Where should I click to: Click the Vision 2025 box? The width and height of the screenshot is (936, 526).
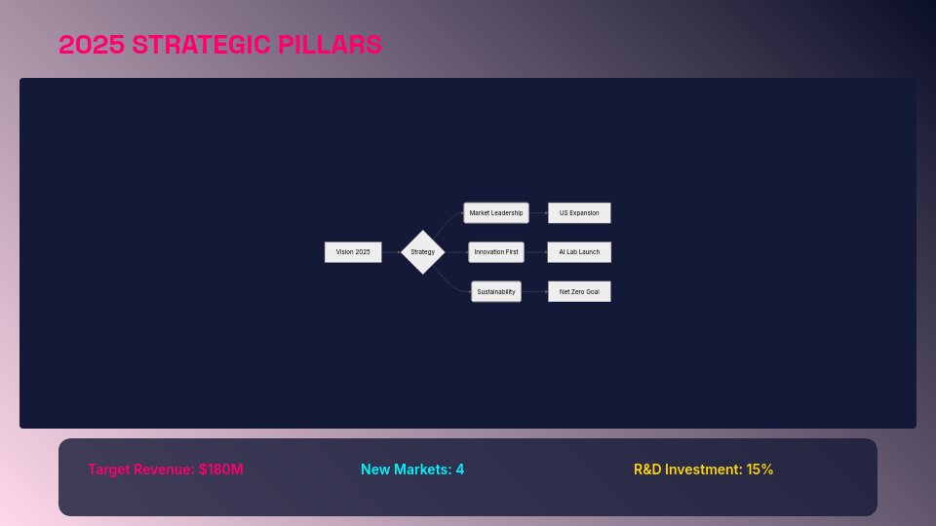353,252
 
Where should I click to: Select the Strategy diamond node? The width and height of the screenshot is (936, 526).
423,252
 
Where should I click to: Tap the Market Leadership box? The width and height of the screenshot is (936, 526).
496,213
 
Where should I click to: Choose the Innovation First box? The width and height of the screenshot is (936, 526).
496,252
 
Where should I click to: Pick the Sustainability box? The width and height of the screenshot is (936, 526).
496,291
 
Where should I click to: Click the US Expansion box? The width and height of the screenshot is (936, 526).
579,213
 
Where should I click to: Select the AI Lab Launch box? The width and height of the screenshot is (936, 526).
579,252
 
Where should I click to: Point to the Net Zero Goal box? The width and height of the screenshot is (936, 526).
579,291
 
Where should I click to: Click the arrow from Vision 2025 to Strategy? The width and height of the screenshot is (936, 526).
391,252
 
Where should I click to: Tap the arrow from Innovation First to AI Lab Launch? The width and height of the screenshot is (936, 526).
535,252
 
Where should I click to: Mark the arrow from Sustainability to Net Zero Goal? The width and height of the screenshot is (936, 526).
534,291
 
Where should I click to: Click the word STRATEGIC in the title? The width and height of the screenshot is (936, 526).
202,45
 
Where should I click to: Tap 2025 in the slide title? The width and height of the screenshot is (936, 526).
92,45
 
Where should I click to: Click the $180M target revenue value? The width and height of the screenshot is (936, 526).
220,470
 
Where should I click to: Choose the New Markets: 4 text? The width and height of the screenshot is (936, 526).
412,470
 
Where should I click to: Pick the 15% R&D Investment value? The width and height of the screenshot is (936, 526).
760,470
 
